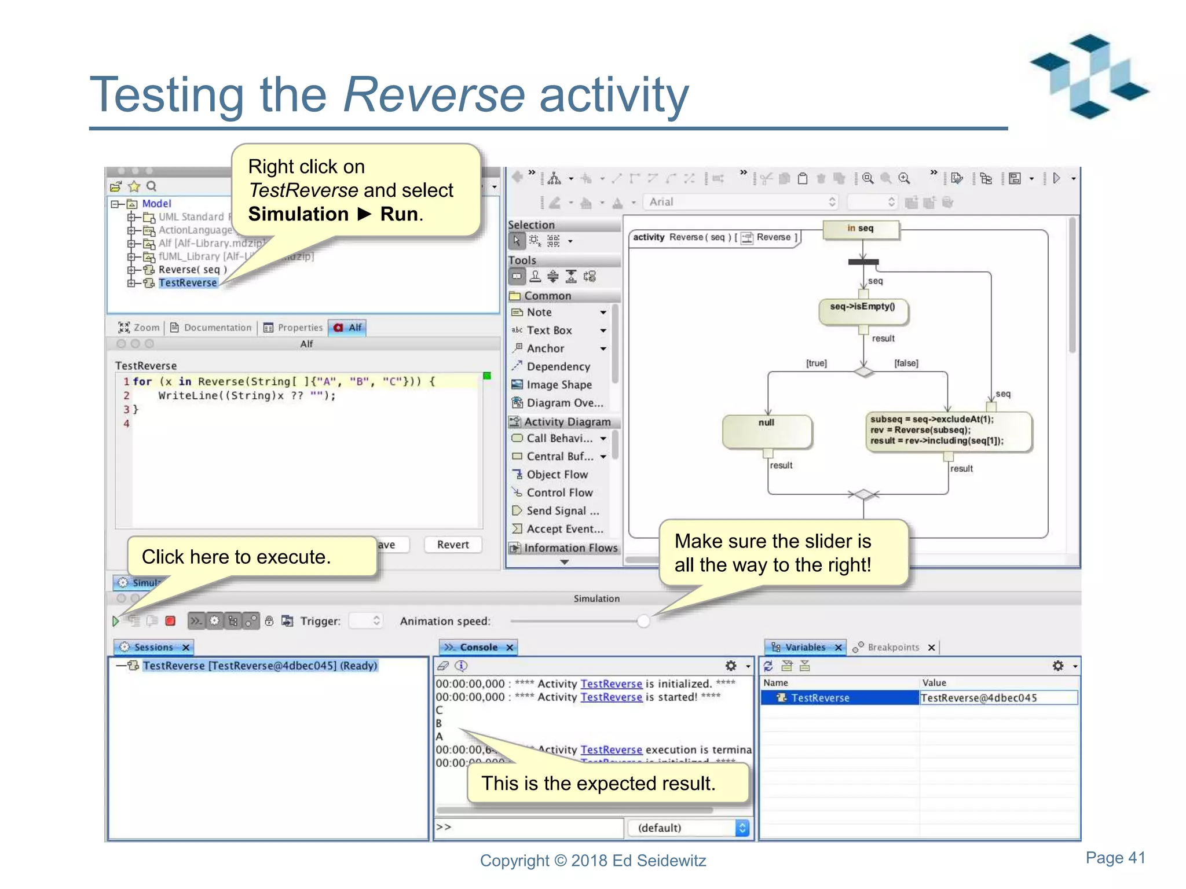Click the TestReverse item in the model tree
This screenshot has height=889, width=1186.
coord(188,282)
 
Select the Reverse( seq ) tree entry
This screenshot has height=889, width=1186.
coord(192,269)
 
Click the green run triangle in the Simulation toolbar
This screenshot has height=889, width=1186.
coord(116,621)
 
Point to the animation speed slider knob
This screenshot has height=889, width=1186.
coord(643,621)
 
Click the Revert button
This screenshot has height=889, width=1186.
coord(452,545)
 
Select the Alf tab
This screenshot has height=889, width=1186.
coord(347,328)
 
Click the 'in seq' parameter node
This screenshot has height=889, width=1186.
coord(861,229)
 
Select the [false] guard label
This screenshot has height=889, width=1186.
coord(906,363)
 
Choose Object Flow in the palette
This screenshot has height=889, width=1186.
coord(557,475)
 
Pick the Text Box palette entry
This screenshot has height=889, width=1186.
coord(549,330)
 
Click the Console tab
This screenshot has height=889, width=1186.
coord(478,647)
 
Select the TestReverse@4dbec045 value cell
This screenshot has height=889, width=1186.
coord(997,698)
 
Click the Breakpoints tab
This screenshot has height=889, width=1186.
coord(892,647)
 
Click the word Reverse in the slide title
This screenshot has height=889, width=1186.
coord(434,94)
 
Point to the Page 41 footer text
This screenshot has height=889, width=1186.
coord(1115,857)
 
